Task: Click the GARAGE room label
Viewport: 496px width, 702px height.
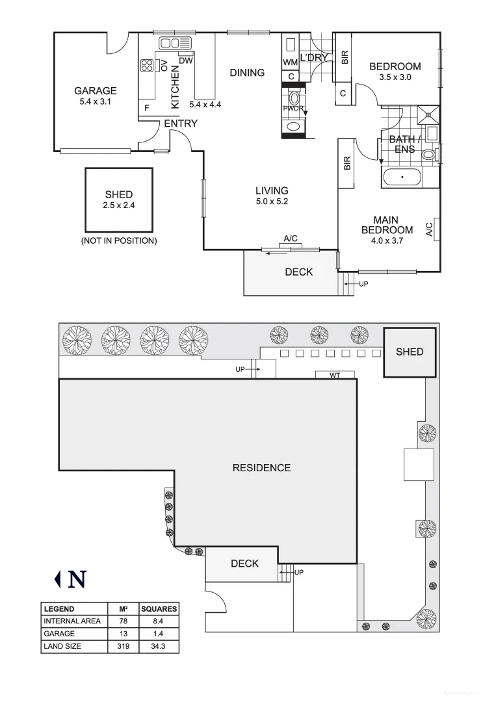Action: [x=95, y=91]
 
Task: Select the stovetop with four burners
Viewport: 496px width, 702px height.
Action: [x=147, y=66]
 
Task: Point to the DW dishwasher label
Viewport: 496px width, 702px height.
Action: [x=185, y=60]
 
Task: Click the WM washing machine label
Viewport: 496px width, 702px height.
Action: [x=290, y=62]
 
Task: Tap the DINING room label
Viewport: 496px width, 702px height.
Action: [x=247, y=73]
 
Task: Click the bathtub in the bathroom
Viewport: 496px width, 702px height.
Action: [x=402, y=176]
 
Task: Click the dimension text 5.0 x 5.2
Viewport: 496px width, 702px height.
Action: [x=271, y=201]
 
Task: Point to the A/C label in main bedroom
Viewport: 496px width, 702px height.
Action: [x=429, y=229]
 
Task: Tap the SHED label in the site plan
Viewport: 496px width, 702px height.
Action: [x=410, y=352]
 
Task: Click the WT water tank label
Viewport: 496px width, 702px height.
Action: [x=335, y=375]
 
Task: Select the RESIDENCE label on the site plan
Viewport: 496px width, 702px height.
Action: [x=261, y=467]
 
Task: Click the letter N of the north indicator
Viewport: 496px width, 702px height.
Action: [x=77, y=578]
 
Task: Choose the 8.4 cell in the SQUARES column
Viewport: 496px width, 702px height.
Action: [x=159, y=621]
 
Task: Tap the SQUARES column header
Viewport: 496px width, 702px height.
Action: [x=159, y=609]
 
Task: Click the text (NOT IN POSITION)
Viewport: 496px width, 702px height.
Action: [x=118, y=240]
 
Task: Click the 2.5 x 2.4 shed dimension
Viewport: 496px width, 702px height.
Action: [x=118, y=205]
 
